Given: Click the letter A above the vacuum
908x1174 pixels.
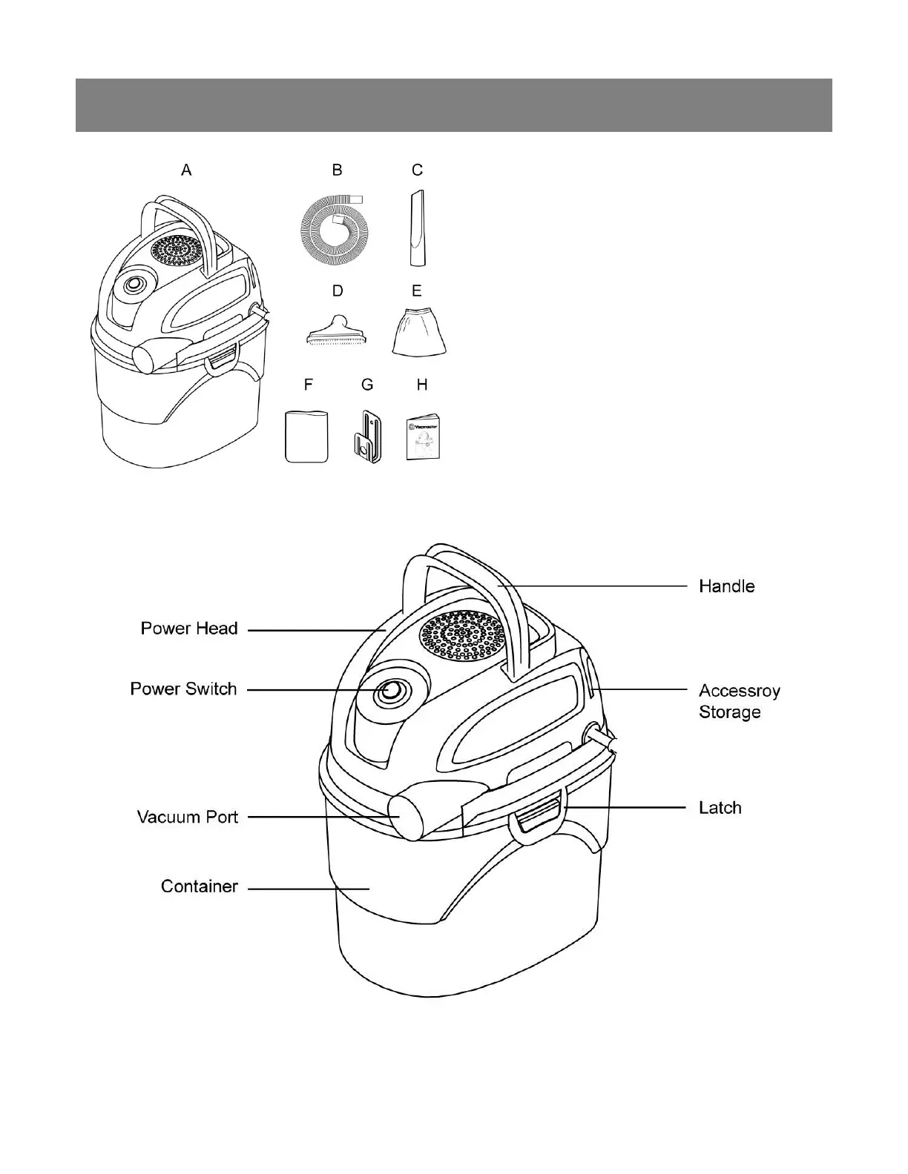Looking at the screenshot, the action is pyautogui.click(x=186, y=170).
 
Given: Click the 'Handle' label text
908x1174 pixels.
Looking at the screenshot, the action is pyautogui.click(x=726, y=586).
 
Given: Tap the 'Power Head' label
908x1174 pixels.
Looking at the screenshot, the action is pyautogui.click(x=189, y=629).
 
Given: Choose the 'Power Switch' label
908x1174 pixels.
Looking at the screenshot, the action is pyautogui.click(x=183, y=689).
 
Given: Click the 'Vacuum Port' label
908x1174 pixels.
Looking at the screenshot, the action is pyautogui.click(x=188, y=817).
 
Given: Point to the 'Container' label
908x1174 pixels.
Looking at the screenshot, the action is pyautogui.click(x=199, y=886).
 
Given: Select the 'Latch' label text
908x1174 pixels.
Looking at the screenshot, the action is pyautogui.click(x=720, y=807).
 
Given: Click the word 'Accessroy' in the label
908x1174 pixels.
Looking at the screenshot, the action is pyautogui.click(x=739, y=691).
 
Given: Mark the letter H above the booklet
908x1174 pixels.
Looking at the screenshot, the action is pyautogui.click(x=422, y=385).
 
